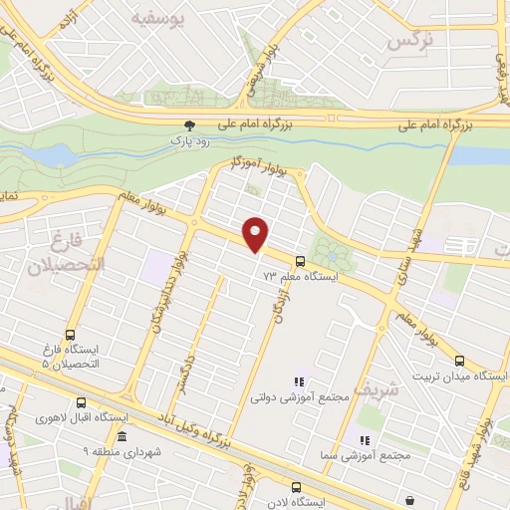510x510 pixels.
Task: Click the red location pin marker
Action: (x=256, y=233)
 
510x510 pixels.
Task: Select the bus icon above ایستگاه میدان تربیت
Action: (x=459, y=362)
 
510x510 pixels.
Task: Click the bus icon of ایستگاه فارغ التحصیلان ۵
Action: (x=70, y=336)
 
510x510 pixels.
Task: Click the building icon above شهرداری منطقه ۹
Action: (x=122, y=437)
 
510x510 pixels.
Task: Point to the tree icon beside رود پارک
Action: (x=189, y=126)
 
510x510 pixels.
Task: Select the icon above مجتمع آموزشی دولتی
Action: (x=297, y=380)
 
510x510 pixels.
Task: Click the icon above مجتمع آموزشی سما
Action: (x=364, y=439)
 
